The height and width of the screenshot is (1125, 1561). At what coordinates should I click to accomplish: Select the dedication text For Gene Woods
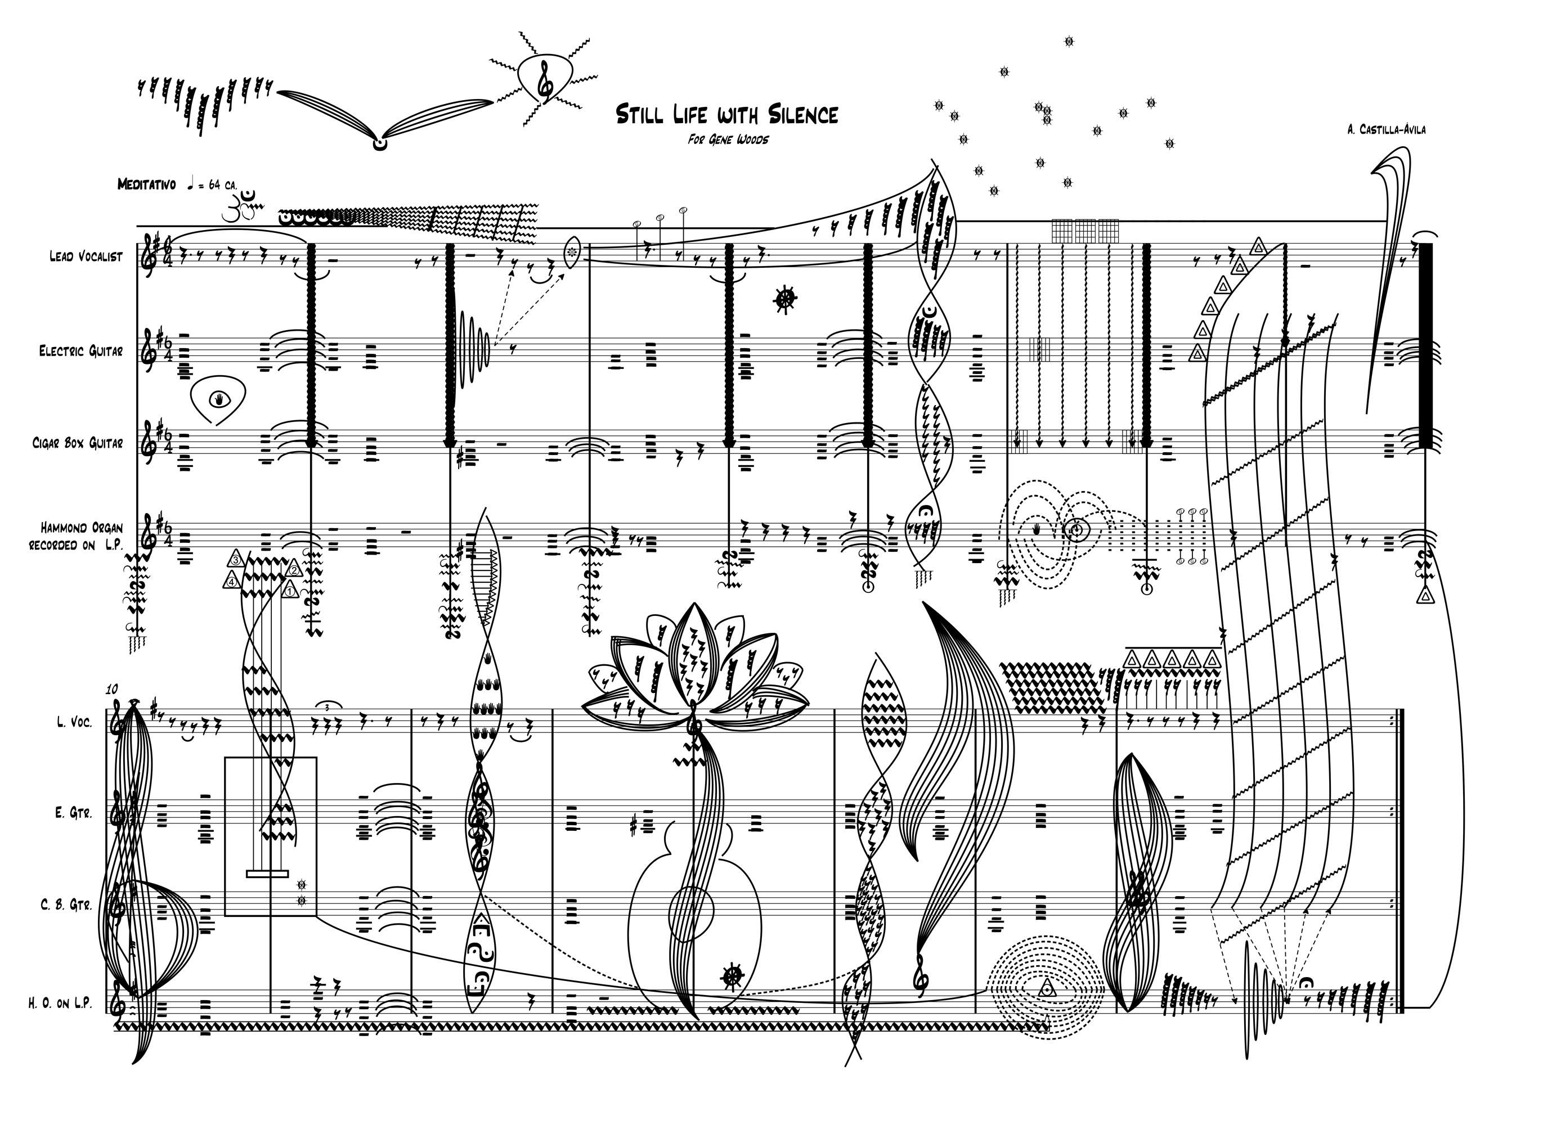click(728, 139)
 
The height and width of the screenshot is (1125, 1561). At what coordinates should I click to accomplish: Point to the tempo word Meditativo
click(147, 184)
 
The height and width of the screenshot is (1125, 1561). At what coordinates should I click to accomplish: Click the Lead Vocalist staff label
click(86, 256)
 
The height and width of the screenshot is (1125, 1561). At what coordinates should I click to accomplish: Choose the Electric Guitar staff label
click(80, 351)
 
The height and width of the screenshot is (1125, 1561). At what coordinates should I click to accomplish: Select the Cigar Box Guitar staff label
click(78, 443)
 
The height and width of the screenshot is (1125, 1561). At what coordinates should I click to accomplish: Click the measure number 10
click(112, 688)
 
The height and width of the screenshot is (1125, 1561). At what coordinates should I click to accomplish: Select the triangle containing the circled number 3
click(235, 559)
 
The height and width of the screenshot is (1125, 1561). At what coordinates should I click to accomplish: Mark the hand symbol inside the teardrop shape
click(219, 398)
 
